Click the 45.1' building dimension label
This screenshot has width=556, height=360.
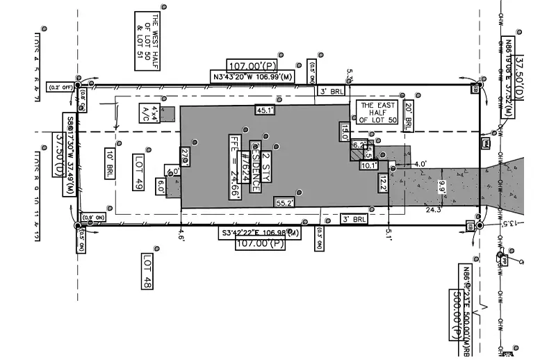coord(265,110)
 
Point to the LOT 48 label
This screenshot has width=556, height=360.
coord(147,271)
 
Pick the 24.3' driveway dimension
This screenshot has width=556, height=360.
coord(434,209)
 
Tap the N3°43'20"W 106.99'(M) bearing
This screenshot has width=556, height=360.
coord(252,76)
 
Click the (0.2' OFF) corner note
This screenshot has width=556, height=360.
coord(58,87)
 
